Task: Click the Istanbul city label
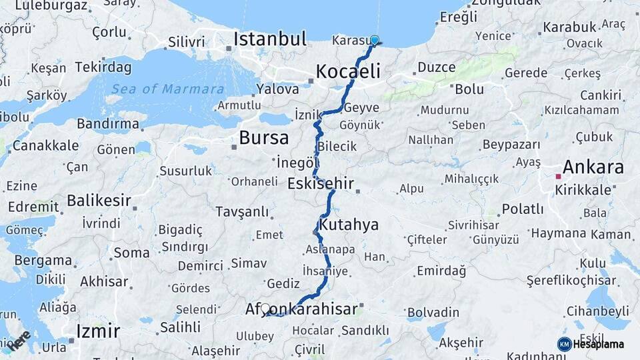coord(269,38)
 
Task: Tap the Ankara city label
coord(593,167)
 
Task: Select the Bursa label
coord(263,138)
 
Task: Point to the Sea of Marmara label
coord(167,89)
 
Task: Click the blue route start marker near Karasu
coord(375,41)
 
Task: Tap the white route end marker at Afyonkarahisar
coord(265,309)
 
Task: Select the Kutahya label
coord(348,225)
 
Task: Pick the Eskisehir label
coord(320,183)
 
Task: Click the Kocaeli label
coord(348,71)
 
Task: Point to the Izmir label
coord(98,331)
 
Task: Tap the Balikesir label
coord(99,200)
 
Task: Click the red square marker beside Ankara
coord(558,177)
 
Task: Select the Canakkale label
coord(45,145)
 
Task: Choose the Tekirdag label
coord(103,67)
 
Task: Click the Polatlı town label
coord(523,209)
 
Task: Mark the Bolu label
coord(469,89)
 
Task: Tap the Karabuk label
coord(569,27)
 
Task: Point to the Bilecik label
coord(337,147)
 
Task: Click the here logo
coord(18,340)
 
